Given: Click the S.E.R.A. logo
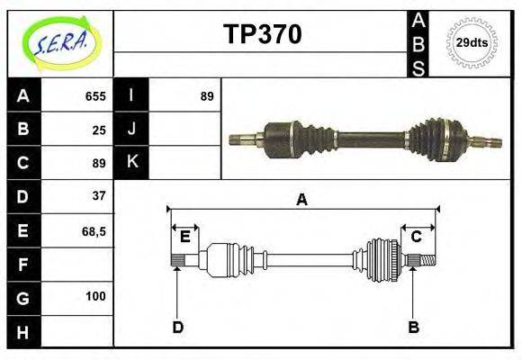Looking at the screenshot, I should click(x=60, y=42).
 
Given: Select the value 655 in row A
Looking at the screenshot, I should click(x=95, y=96).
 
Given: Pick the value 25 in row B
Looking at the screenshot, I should click(x=99, y=130).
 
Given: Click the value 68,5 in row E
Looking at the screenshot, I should click(x=94, y=231).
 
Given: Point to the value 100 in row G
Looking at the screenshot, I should click(x=95, y=296).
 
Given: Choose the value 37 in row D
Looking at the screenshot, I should click(x=99, y=195).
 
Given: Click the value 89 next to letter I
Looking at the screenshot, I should click(x=207, y=96).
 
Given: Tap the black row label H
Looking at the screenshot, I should click(x=23, y=333).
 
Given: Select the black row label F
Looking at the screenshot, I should click(x=23, y=265).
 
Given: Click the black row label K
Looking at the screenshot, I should click(x=131, y=163).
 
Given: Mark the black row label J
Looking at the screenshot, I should click(x=131, y=130).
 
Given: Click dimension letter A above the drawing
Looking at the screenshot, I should click(x=302, y=200).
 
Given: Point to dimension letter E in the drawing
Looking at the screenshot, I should click(x=184, y=237).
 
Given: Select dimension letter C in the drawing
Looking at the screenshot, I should click(x=417, y=237).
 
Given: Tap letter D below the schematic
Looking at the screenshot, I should click(x=177, y=327).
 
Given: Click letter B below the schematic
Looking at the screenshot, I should click(x=413, y=327).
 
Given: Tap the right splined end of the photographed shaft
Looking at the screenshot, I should click(x=486, y=141).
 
